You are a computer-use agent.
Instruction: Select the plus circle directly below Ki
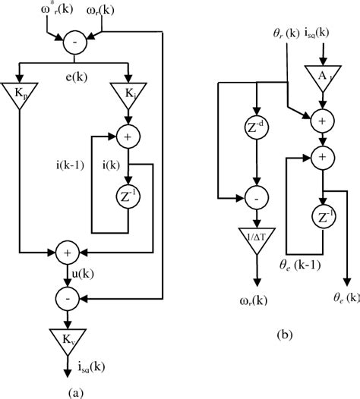pyautogui.click(x=129, y=138)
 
